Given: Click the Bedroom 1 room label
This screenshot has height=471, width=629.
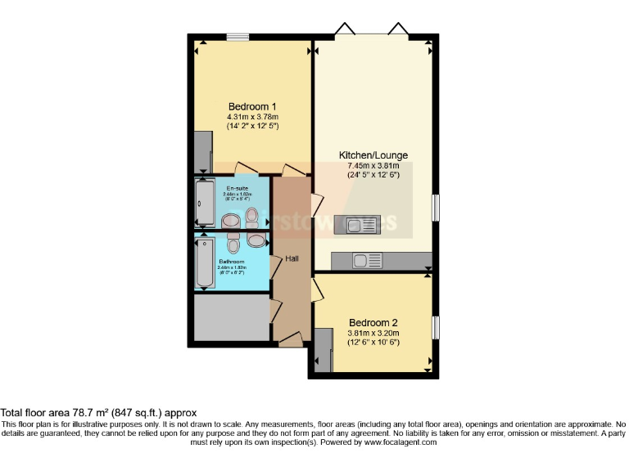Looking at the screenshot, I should pos(251,106).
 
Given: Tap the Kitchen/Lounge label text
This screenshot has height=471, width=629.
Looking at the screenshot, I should pos(373,155).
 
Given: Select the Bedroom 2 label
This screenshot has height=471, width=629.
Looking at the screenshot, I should pos(373,322).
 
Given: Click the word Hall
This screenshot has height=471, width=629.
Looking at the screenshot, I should pos(292,258).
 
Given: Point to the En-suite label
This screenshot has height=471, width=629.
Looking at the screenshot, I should pos(237,188).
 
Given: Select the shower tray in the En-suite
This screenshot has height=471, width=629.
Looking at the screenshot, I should pos(204,204).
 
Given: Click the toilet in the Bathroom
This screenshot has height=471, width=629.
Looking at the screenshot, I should pos(233,244).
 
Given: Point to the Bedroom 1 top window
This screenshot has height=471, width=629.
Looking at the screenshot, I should pos(238,36).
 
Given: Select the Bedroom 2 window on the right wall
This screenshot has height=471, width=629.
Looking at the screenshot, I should pos(436,327).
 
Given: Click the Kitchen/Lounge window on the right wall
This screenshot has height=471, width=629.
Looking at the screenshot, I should pos(436,206).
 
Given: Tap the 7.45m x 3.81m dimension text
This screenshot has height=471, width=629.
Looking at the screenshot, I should pos(373,165).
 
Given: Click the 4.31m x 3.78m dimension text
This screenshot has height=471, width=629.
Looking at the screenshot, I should pos(251,117).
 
